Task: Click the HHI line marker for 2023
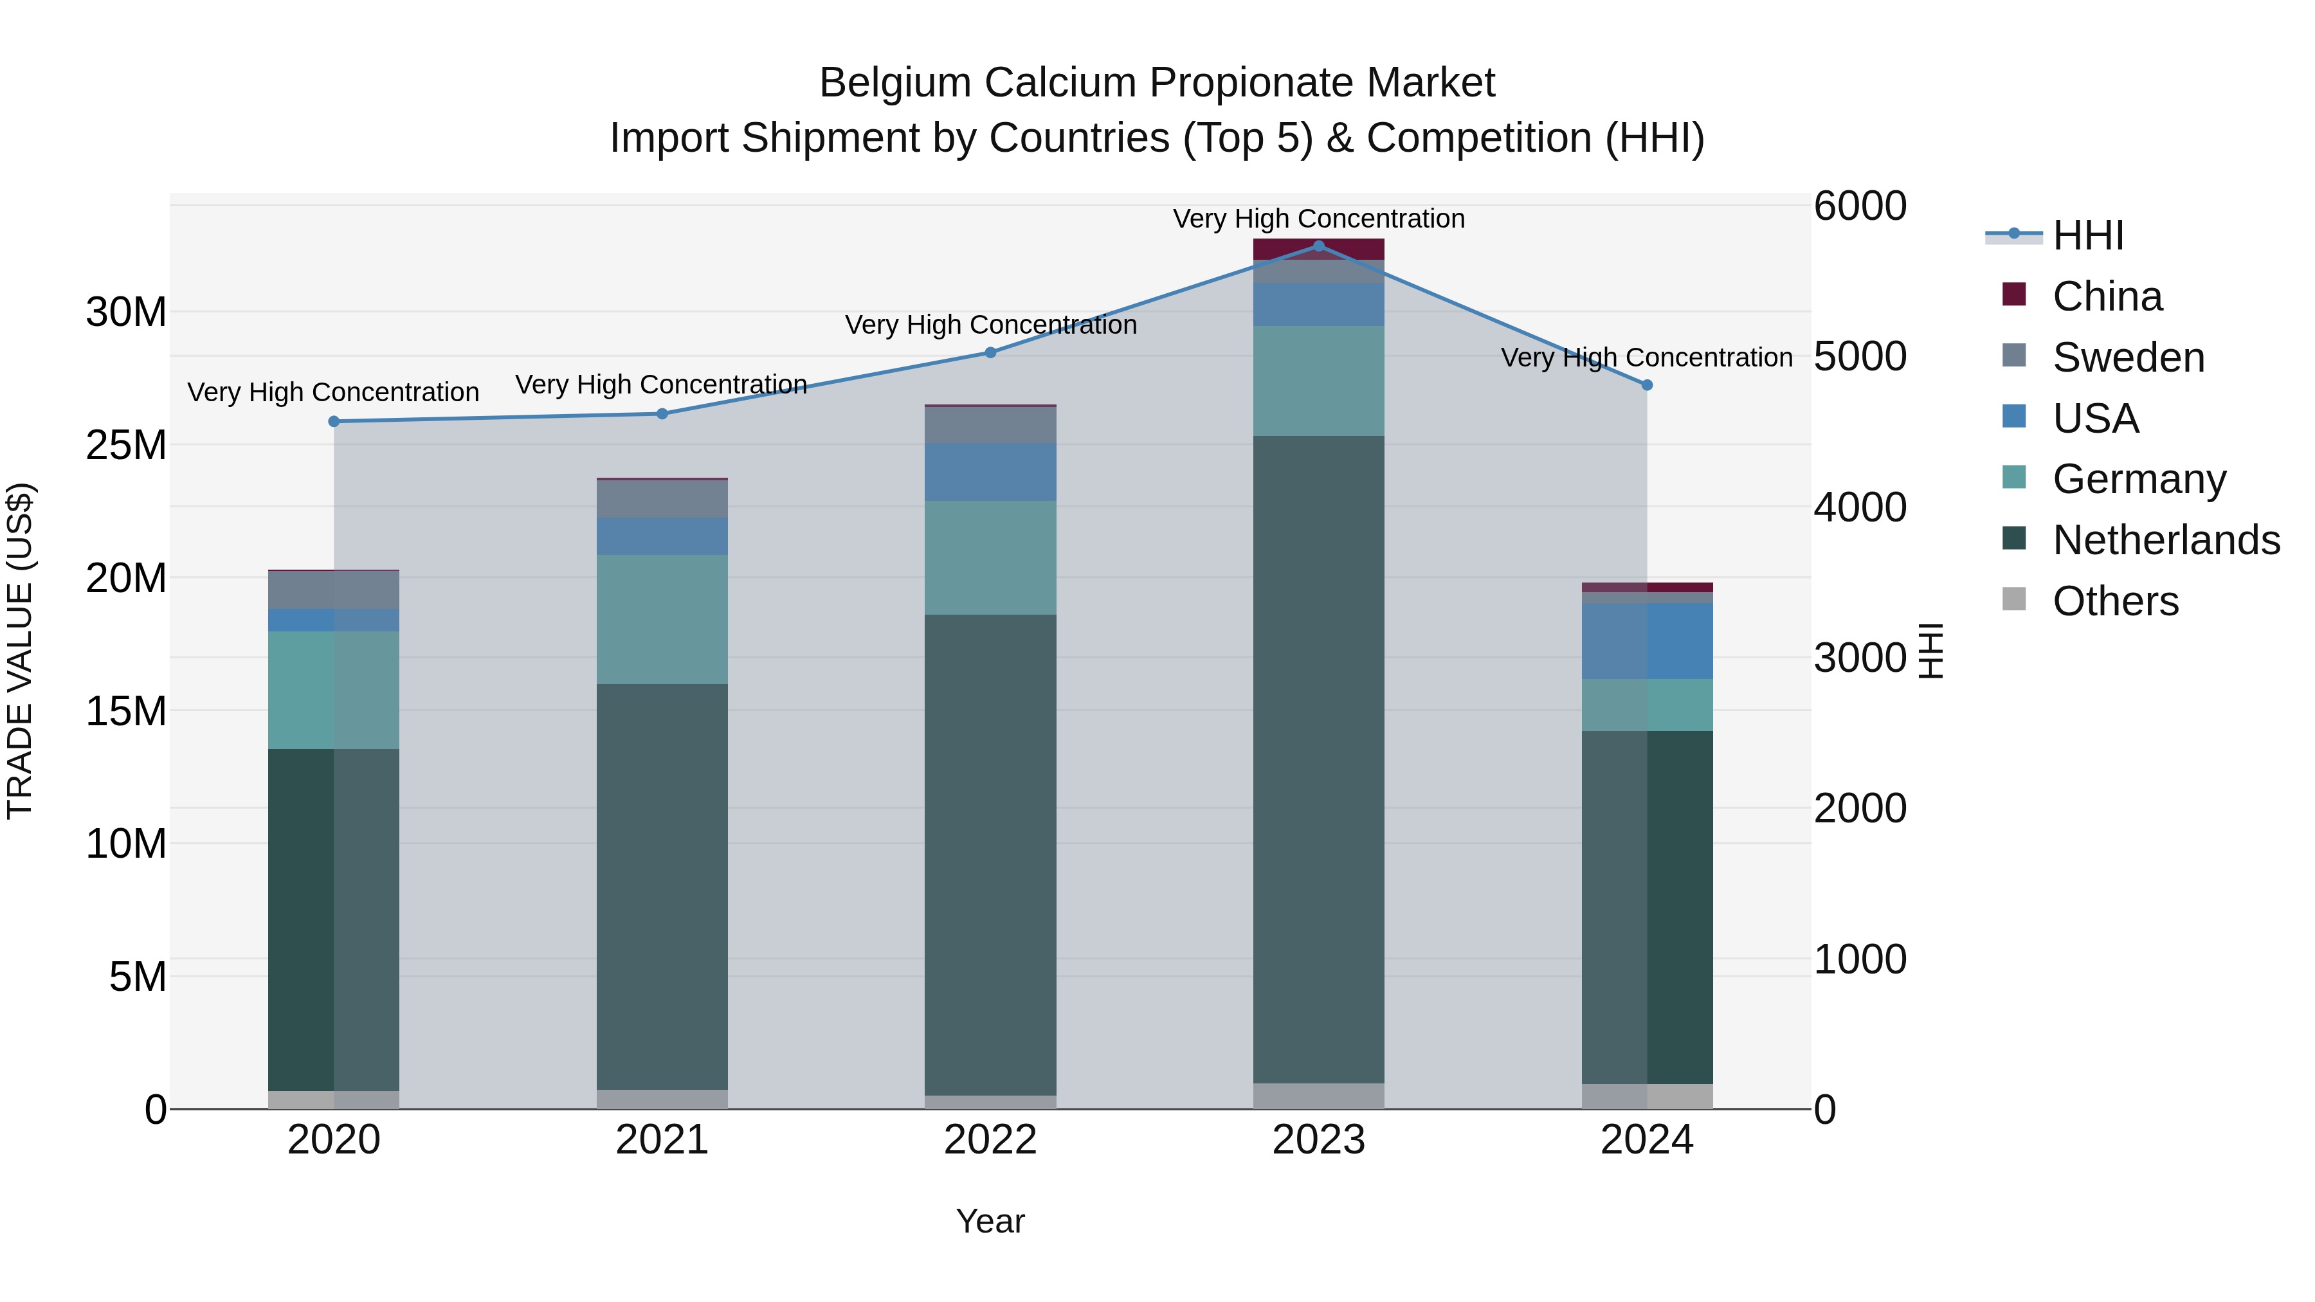tap(1318, 246)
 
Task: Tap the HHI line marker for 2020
tap(333, 421)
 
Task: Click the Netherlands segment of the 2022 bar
tap(990, 854)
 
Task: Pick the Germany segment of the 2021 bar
tap(662, 619)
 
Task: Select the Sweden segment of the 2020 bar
tap(333, 590)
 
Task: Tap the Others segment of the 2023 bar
tap(1318, 1096)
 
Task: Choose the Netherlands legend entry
tap(2165, 540)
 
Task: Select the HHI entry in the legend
tap(2087, 235)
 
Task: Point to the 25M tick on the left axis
tap(126, 445)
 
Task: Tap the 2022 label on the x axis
tap(990, 1140)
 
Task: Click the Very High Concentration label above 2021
tap(662, 384)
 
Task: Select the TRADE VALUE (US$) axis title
tap(20, 651)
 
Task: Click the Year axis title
tap(990, 1221)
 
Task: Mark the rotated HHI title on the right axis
tap(1930, 651)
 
